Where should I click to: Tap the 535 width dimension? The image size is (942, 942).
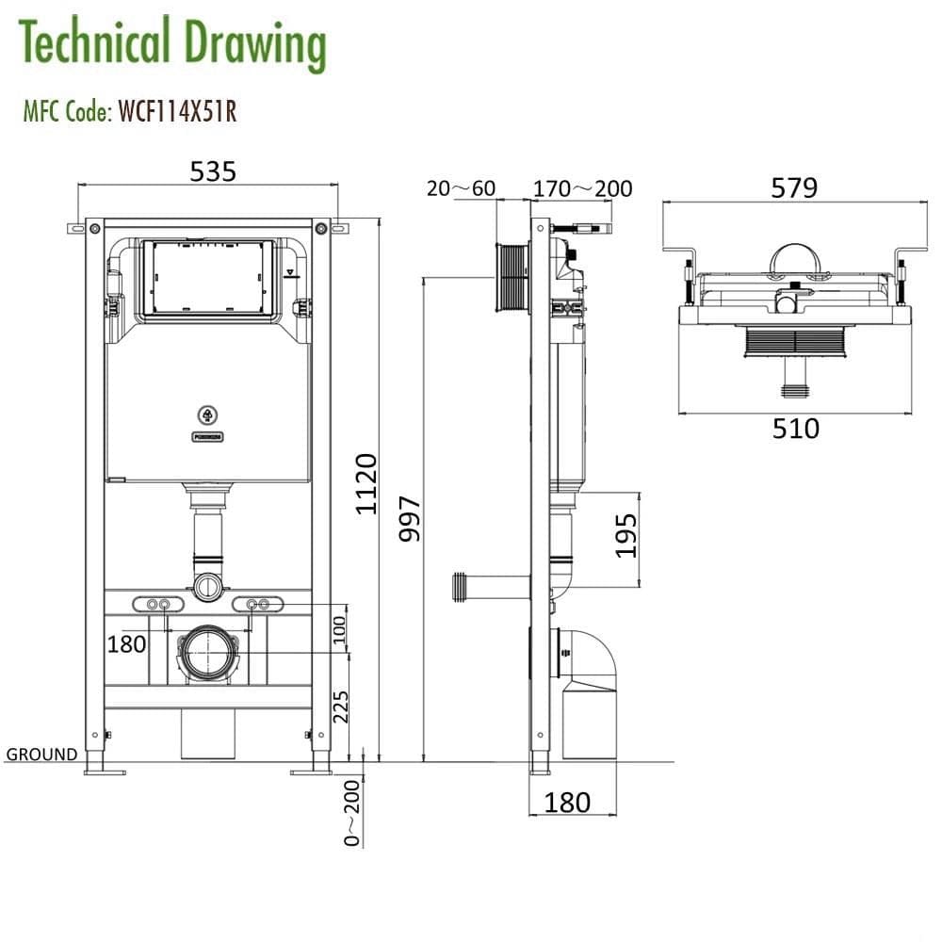click(x=213, y=171)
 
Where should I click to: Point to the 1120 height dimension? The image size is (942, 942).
click(x=365, y=483)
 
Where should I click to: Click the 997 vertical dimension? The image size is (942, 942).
click(x=410, y=519)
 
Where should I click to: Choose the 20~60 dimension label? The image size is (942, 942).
click(x=461, y=188)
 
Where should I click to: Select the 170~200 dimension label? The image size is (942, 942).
click(x=582, y=188)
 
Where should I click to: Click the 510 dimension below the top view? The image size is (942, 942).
click(x=795, y=429)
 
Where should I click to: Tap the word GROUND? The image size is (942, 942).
click(x=41, y=754)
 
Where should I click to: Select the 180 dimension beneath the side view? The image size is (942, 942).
click(x=567, y=802)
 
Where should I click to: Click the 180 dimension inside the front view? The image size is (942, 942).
click(x=126, y=643)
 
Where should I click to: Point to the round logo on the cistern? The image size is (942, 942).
click(x=207, y=414)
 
